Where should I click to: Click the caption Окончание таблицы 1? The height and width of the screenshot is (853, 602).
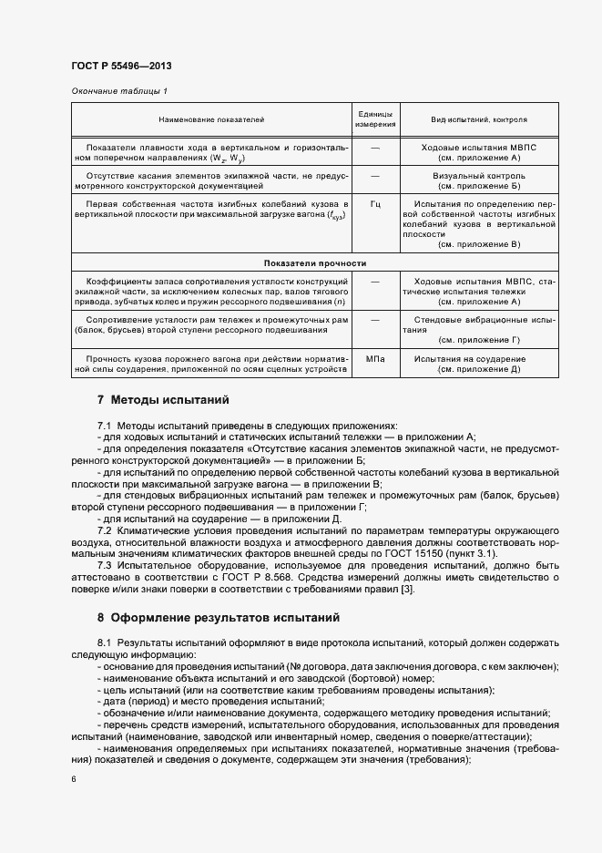point(119,91)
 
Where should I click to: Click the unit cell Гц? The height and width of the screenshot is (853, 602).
point(375,204)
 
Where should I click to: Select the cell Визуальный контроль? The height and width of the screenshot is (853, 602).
point(479,175)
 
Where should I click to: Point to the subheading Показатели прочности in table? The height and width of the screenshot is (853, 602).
point(315,262)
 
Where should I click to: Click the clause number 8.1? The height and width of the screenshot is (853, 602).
point(104,643)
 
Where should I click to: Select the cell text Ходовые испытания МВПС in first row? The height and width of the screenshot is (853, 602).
point(479,147)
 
